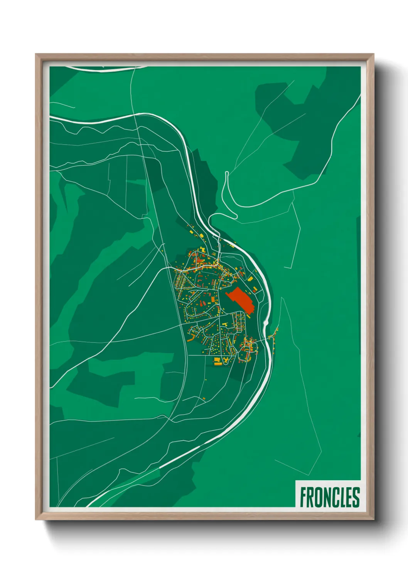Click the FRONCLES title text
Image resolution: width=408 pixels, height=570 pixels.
pyautogui.click(x=329, y=497)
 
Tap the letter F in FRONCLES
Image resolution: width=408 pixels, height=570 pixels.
pyautogui.click(x=303, y=497)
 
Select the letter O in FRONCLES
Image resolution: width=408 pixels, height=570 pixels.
pyautogui.click(x=319, y=497)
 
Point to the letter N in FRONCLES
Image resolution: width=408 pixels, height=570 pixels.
pyautogui.click(x=327, y=497)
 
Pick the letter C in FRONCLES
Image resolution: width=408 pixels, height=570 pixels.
pyautogui.click(x=336, y=497)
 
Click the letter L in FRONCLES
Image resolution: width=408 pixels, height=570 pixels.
pyautogui.click(x=342, y=497)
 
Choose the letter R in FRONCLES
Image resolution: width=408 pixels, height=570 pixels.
pyautogui.click(x=311, y=497)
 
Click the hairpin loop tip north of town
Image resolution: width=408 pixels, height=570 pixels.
pyautogui.click(x=227, y=173)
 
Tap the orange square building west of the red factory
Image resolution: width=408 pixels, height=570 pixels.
pyautogui.click(x=212, y=299)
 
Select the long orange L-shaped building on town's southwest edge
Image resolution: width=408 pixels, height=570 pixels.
pyautogui.click(x=191, y=339)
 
